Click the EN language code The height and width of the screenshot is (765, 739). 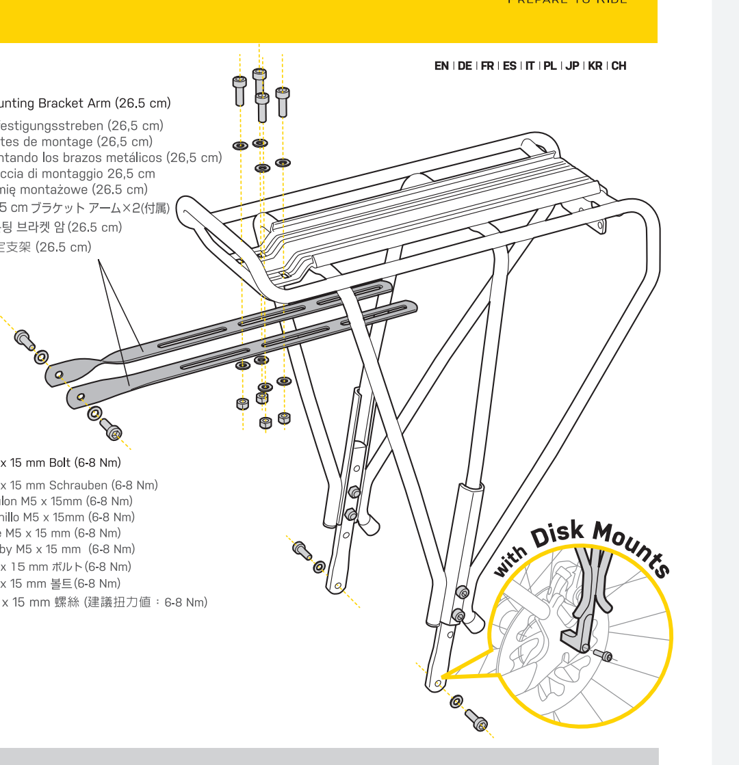441,66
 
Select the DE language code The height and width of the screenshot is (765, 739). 465,66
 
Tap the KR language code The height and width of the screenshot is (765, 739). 595,66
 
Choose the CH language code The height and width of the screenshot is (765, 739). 619,66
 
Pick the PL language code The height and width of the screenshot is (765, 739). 549,66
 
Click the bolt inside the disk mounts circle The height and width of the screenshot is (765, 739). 603,656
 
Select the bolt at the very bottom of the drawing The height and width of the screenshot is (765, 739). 476,719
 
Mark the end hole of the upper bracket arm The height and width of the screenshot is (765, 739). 59,373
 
